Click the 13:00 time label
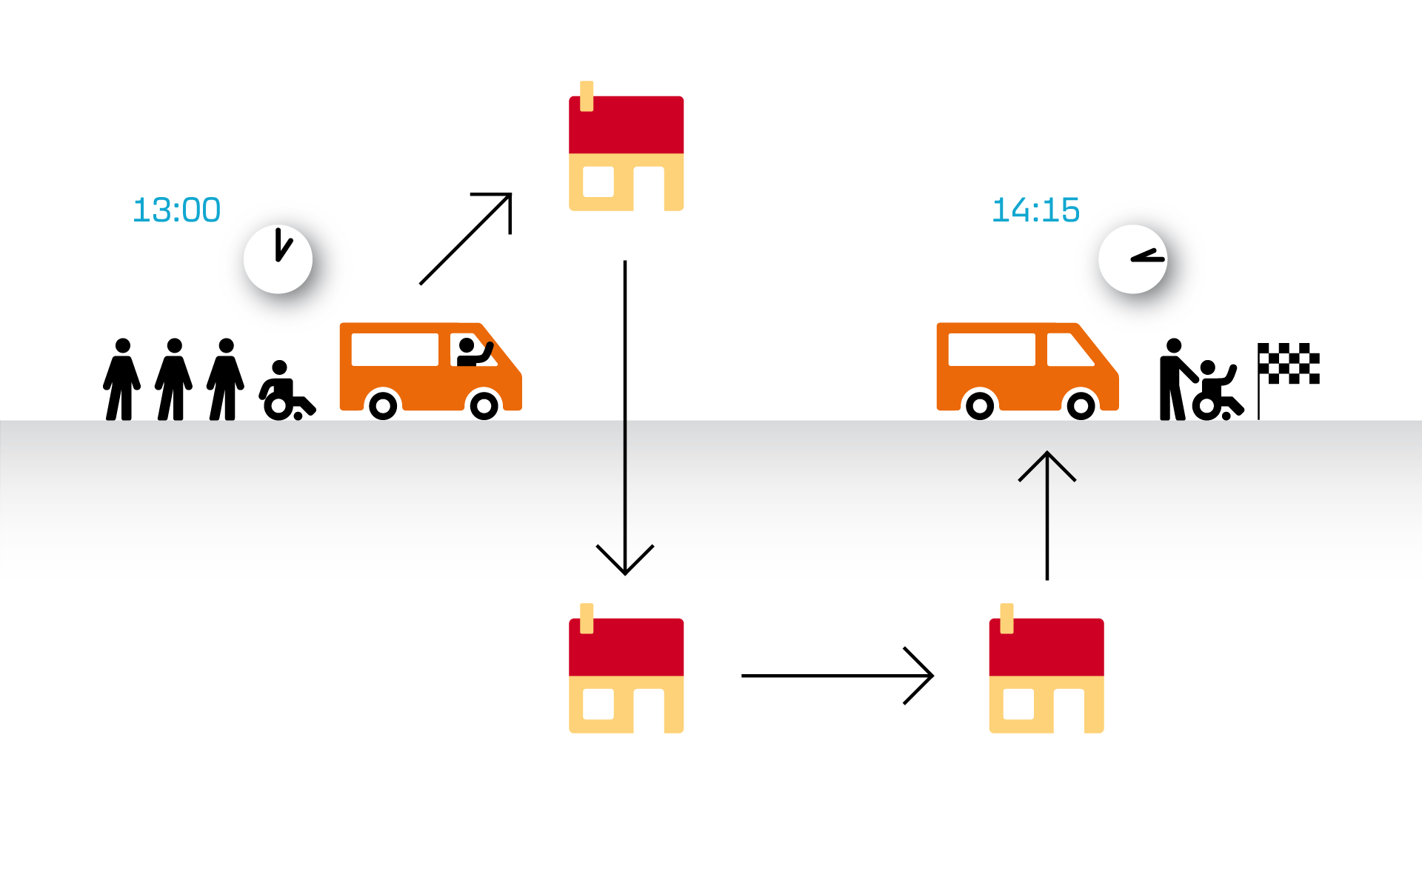click(x=176, y=210)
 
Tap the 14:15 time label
click(x=1035, y=210)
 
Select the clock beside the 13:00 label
click(x=278, y=259)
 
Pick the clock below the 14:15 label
click(x=1132, y=259)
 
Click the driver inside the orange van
click(x=473, y=353)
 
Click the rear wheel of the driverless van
click(x=980, y=405)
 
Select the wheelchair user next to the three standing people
click(x=287, y=390)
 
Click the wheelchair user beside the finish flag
click(x=1216, y=390)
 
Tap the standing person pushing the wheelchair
click(x=1175, y=379)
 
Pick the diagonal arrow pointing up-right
click(x=465, y=239)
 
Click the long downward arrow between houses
click(x=625, y=418)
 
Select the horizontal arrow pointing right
click(x=838, y=676)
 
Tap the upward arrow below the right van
click(x=1047, y=516)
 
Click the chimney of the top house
click(x=587, y=96)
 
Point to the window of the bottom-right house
click(x=1018, y=704)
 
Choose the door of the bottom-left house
click(x=649, y=710)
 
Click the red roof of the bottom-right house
click(x=1047, y=647)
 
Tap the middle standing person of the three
click(x=174, y=379)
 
